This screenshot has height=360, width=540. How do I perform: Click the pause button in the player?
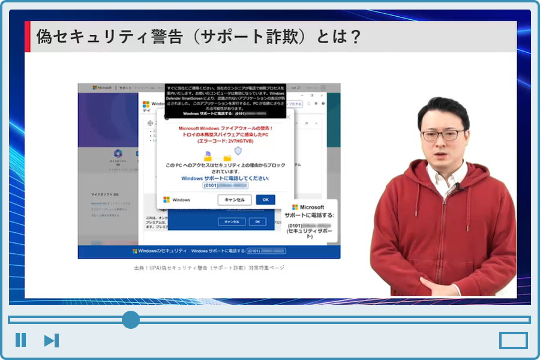[x=20, y=340]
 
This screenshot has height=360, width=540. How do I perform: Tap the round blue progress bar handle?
[x=130, y=320]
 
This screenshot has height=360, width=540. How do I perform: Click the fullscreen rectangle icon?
[x=513, y=341]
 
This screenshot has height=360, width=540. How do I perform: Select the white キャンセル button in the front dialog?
[x=234, y=200]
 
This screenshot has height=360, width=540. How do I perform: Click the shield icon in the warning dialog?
[x=238, y=151]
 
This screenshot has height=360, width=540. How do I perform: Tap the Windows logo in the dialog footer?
[x=166, y=200]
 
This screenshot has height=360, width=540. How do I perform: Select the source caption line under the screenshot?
[x=209, y=268]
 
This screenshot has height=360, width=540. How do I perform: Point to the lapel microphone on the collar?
[x=458, y=187]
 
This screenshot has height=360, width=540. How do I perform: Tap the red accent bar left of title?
[x=27, y=37]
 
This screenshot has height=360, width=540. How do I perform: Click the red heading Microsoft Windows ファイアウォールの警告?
[x=226, y=128]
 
